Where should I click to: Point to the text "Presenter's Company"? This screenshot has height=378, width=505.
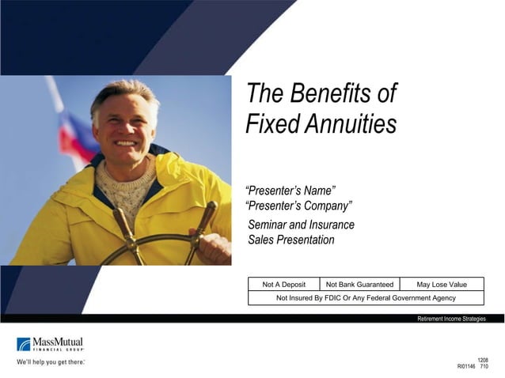coord(299,206)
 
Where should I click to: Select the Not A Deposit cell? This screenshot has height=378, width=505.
coord(283,285)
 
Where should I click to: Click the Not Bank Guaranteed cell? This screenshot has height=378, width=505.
coord(359,285)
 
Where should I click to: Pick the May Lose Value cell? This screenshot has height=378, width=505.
coord(442,285)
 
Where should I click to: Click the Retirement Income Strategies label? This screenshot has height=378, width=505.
coord(451,319)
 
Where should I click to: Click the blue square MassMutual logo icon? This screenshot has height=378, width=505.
coord(24,344)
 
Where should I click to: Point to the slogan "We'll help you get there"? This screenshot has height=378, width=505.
coord(50,362)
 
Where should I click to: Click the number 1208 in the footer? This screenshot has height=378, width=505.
coord(482,360)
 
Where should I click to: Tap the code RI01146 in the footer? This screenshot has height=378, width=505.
coord(466,367)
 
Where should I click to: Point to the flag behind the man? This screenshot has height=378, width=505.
coord(75,130)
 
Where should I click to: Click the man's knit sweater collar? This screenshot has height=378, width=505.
coord(127,186)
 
